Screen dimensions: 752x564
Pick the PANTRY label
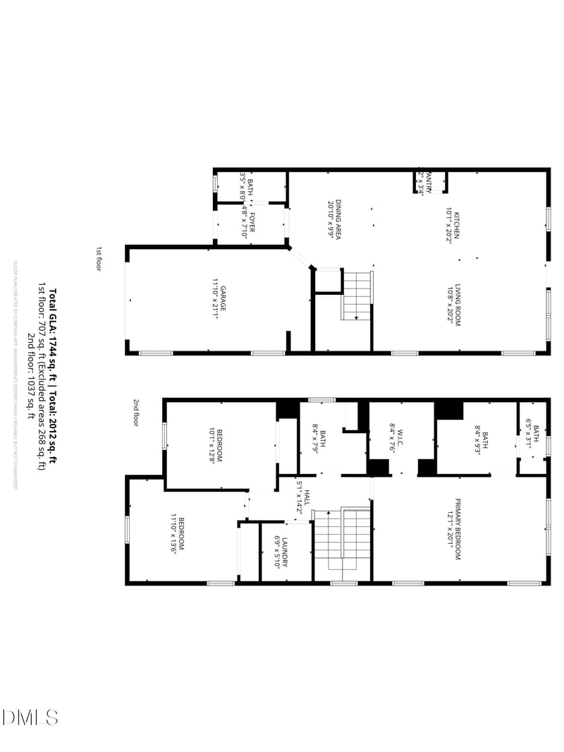[427, 183]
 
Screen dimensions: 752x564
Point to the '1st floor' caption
[99, 259]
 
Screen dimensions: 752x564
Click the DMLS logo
[30, 717]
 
